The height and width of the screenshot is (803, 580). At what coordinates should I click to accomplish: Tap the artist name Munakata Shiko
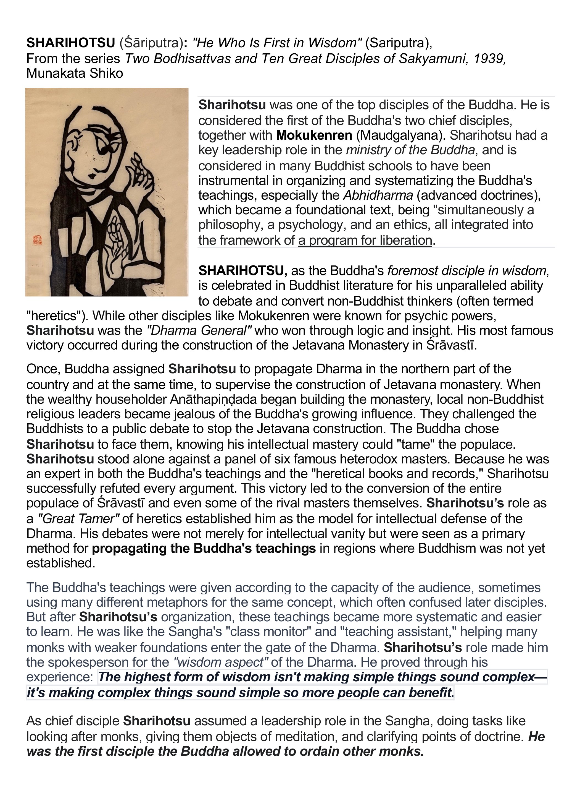pos(75,73)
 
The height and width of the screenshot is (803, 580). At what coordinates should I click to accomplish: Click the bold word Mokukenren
pos(314,135)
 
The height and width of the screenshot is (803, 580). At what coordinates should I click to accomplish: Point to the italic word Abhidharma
pos(378,195)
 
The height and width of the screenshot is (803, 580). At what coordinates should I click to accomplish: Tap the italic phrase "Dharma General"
pos(199,330)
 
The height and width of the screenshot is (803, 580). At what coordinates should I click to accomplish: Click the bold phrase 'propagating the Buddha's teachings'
pos(204,548)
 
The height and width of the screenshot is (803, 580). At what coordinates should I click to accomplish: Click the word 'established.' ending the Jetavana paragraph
pos(61,563)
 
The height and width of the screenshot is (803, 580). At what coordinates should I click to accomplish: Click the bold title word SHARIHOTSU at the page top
pos(71,43)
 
